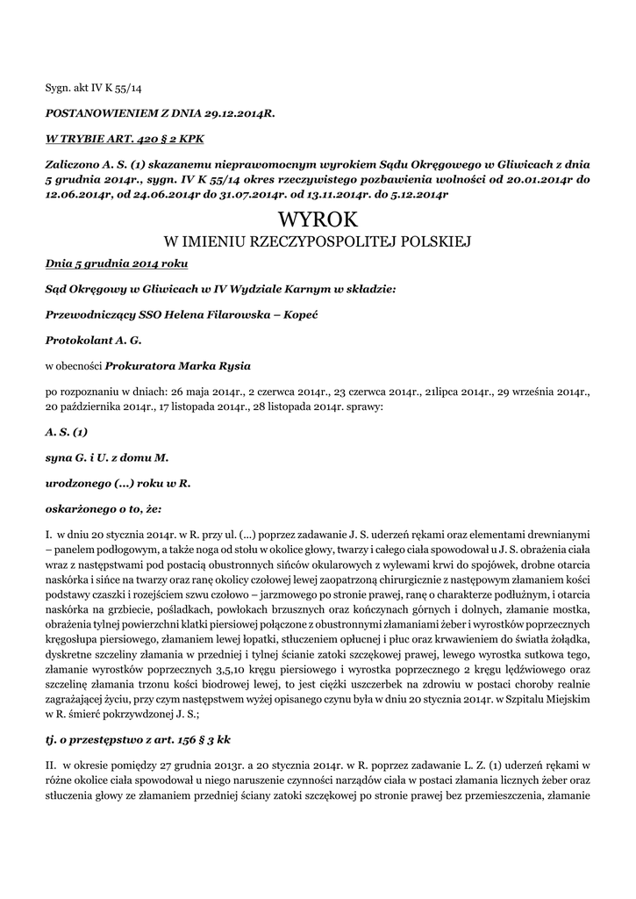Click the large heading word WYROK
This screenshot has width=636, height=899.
318,219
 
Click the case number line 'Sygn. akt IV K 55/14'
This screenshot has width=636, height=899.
93,89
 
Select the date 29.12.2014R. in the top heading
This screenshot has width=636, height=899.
236,114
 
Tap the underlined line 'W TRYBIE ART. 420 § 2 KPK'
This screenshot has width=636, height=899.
125,139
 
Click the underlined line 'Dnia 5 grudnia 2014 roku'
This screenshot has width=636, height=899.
115,263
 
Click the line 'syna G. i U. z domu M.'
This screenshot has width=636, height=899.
106,457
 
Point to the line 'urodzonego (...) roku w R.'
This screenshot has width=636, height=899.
118,482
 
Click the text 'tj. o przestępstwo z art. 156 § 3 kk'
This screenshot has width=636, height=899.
138,738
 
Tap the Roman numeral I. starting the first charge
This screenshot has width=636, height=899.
49,532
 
